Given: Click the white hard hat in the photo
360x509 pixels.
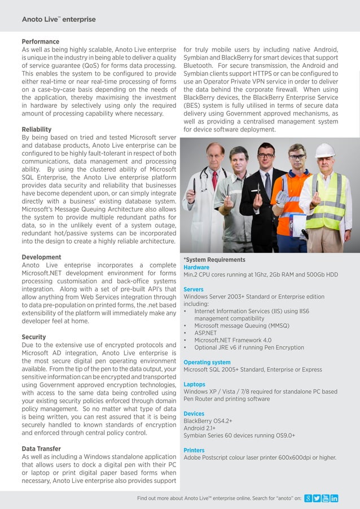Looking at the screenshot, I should tap(324, 151).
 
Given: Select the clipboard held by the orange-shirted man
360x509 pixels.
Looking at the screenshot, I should tap(297, 223).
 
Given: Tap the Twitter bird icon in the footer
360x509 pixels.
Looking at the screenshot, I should tap(317, 498).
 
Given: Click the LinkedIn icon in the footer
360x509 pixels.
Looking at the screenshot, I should tap(334, 498).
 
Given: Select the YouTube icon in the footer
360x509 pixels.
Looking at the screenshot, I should tap(326, 498).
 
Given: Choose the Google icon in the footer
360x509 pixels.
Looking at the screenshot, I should tap(308, 498).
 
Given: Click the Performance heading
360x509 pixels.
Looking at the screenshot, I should tap(40, 42).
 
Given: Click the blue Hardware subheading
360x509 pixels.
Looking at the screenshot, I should tap(196, 267).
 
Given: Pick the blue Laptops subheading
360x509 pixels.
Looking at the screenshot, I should tap(195, 384).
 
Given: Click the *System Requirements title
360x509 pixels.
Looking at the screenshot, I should tap(214, 260).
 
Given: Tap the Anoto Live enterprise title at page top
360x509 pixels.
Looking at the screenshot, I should tap(59, 19).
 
